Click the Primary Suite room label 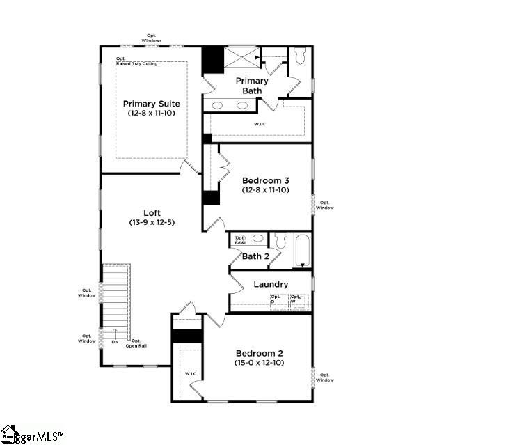click(152, 104)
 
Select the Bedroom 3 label click(265, 180)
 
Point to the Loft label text click(152, 213)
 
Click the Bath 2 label click(255, 256)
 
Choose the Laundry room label click(271, 284)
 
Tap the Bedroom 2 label click(259, 352)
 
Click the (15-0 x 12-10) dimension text click(259, 362)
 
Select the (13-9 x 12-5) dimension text click(152, 223)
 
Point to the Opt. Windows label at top click(152, 38)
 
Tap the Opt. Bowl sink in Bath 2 click(240, 240)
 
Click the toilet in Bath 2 click(281, 240)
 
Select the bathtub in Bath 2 click(302, 249)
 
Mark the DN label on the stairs click(114, 341)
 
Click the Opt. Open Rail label click(136, 343)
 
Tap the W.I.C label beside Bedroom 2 click(191, 375)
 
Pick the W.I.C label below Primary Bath click(259, 125)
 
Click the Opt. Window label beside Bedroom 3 click(325, 205)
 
